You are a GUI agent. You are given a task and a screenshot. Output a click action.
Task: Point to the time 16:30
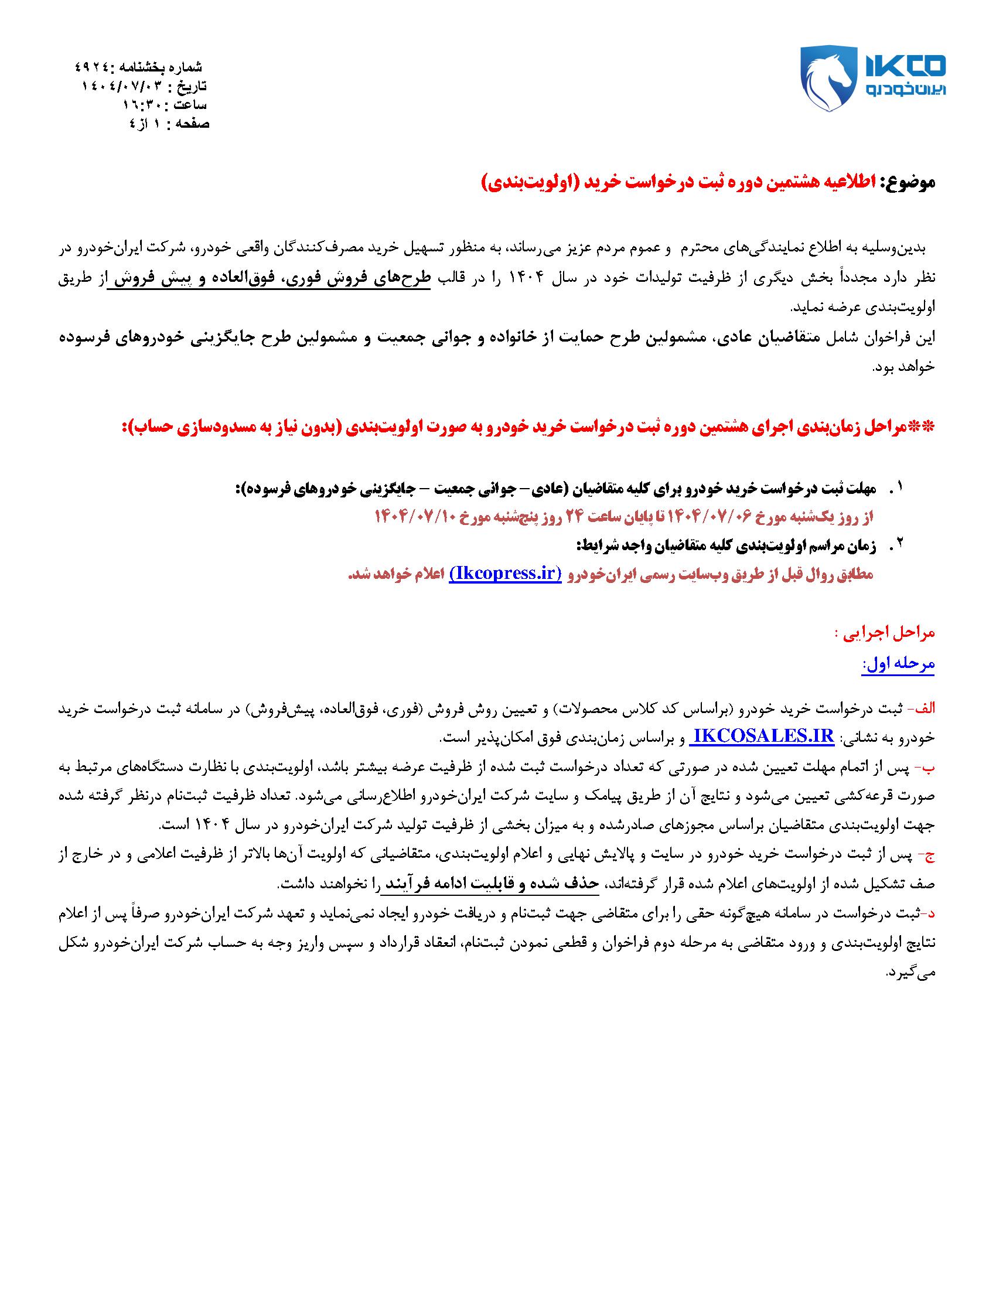coord(139,105)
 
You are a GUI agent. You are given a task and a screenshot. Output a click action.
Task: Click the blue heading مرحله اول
coord(899,664)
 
